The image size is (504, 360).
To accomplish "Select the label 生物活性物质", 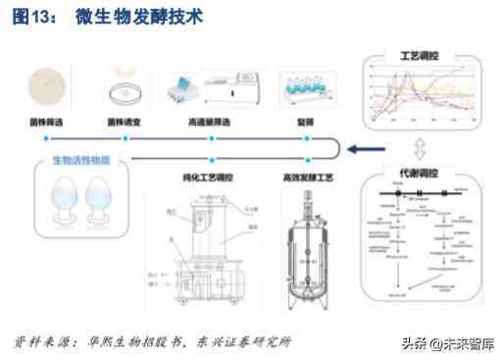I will pyautogui.click(x=75, y=160).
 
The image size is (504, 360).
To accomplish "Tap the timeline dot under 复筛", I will pyautogui.click(x=307, y=139).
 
